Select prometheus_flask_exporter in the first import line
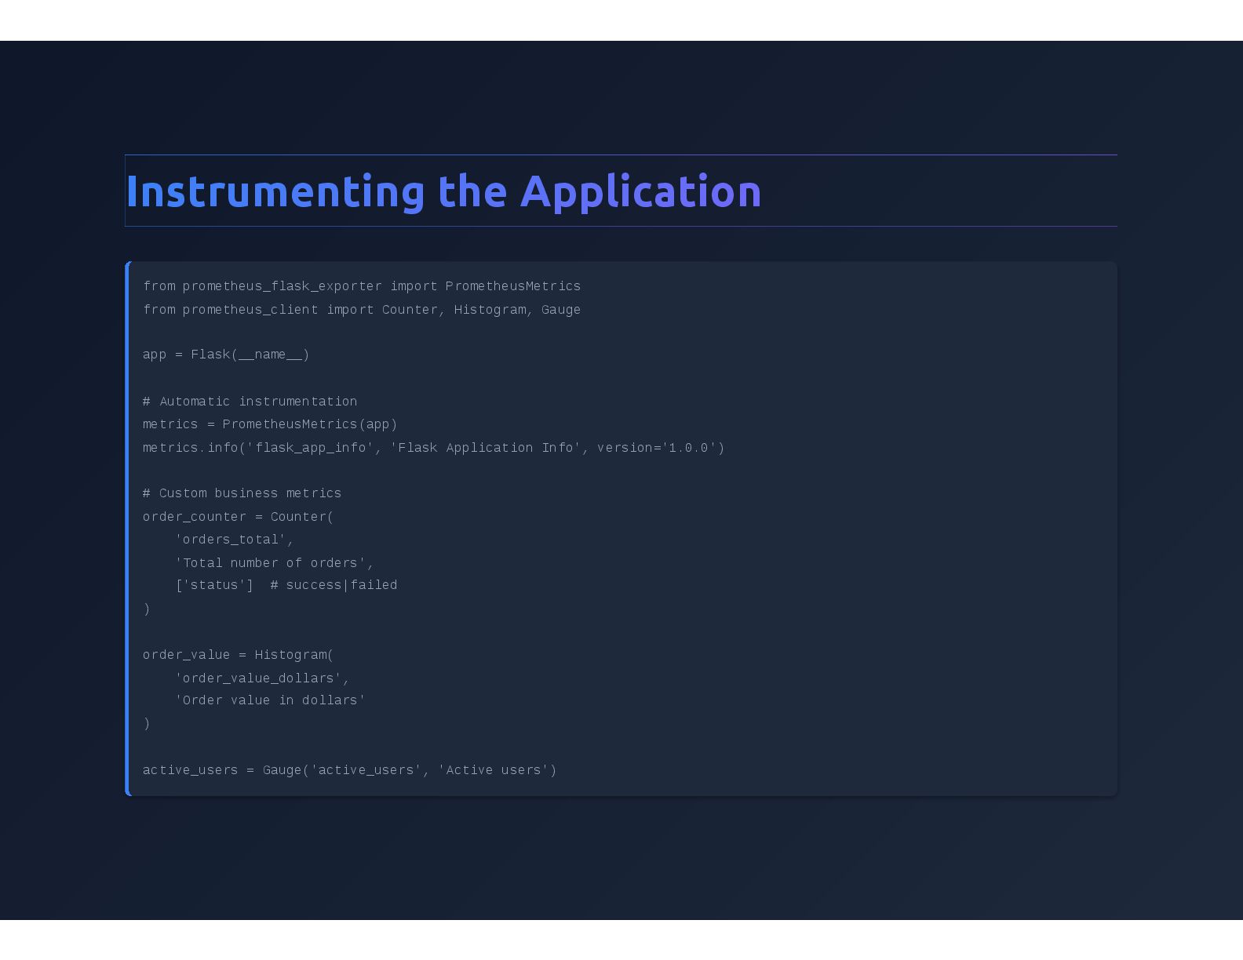pos(282,286)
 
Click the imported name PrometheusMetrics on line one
pos(513,286)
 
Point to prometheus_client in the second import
pos(250,310)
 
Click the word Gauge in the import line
pos(561,310)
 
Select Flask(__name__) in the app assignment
pos(250,355)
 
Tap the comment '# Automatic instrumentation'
pos(250,402)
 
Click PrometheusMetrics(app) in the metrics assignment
pos(310,424)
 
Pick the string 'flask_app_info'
pos(310,448)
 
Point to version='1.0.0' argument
pos(657,448)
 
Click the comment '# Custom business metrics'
pos(242,493)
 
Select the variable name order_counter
pos(195,517)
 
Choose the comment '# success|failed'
pos(334,585)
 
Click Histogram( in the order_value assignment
pos(294,655)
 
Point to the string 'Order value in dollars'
pos(271,700)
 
